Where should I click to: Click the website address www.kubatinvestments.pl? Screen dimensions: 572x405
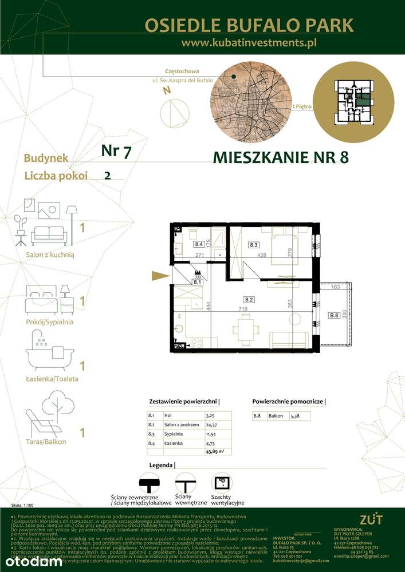[249, 42]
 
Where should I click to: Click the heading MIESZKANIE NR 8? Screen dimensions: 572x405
[280, 157]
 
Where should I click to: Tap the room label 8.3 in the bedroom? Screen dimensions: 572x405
[253, 245]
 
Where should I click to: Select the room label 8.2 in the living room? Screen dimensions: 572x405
[249, 299]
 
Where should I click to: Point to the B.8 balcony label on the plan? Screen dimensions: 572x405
[333, 315]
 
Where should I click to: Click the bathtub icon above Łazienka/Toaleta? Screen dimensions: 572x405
[48, 355]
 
